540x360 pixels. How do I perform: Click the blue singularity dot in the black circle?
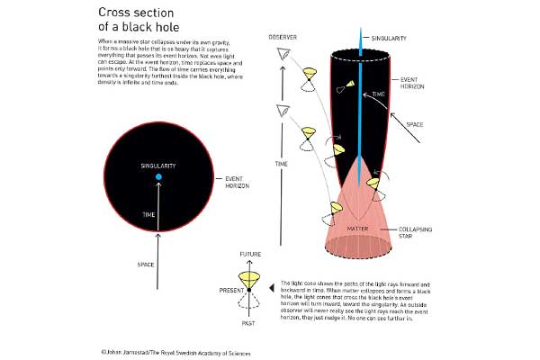[158, 178]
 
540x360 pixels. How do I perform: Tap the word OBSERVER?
[283, 39]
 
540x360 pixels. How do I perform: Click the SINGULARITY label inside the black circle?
[158, 166]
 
